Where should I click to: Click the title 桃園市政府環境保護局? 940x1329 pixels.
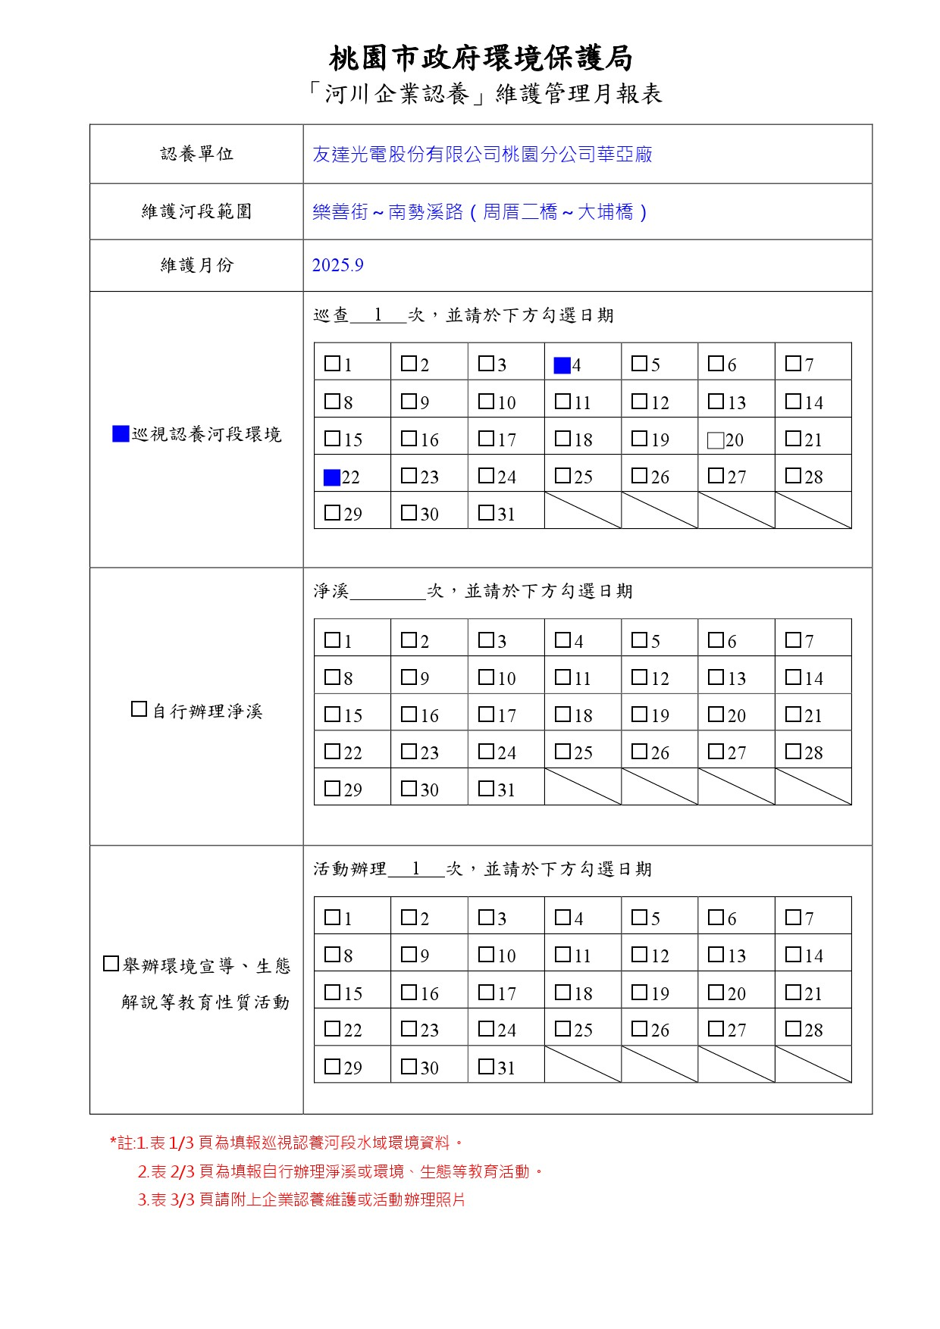coord(481,58)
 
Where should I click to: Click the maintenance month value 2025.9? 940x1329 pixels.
coord(337,265)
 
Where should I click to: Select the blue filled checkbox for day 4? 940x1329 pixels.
coord(562,366)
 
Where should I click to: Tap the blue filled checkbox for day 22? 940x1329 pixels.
coord(331,477)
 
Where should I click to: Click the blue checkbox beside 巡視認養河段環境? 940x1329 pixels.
coord(121,434)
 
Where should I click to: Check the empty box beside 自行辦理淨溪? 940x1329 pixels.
coord(139,710)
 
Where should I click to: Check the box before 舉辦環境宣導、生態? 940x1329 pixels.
coord(111,965)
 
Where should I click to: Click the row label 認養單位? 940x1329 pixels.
coord(196,154)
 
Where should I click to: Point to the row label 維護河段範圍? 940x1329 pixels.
coord(196,211)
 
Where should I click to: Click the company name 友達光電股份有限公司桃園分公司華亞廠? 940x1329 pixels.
coord(482,155)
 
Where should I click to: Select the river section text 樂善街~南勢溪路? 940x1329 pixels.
coord(387,212)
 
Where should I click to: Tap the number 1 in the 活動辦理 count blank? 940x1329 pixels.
coord(415,869)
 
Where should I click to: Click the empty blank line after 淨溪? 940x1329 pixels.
coord(387,592)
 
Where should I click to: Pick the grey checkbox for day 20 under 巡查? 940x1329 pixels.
coord(715,440)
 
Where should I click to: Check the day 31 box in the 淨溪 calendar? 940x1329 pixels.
coord(486,788)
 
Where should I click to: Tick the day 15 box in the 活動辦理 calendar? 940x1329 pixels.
coord(332,992)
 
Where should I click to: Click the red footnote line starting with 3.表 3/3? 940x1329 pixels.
coord(301,1200)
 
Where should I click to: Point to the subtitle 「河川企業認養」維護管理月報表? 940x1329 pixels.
coord(485,94)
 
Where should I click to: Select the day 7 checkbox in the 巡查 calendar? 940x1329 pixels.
coord(793,364)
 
